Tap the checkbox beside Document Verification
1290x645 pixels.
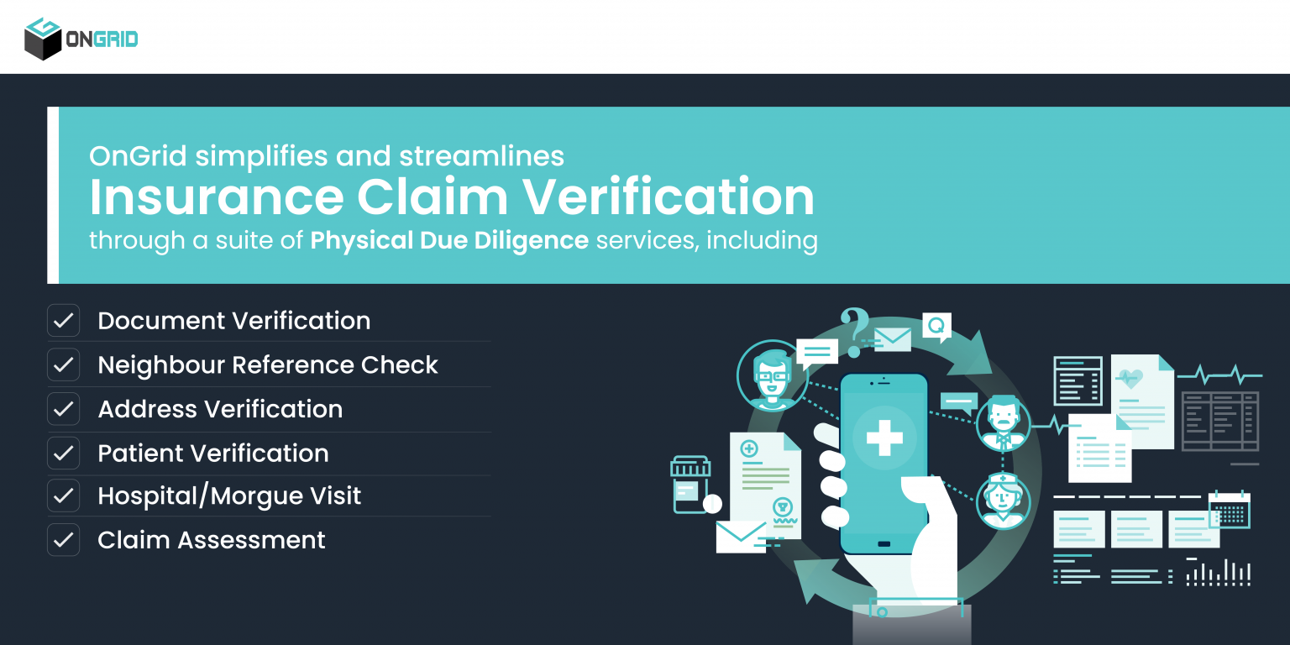[x=63, y=321]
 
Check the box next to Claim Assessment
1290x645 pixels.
[x=63, y=540]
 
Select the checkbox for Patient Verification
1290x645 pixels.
[x=63, y=453]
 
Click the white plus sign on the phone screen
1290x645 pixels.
[x=884, y=438]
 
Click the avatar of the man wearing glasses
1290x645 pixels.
[x=771, y=375]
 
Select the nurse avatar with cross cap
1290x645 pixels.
[x=1003, y=501]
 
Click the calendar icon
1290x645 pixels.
[x=1230, y=510]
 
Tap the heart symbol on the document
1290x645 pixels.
[x=1130, y=379]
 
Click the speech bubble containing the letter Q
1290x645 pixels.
[x=936, y=326]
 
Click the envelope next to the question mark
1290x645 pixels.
[x=892, y=339]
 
